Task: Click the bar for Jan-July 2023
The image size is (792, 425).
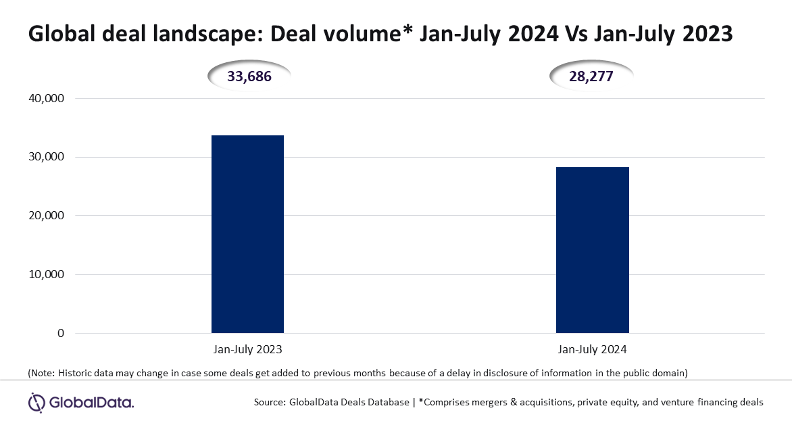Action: coord(247,233)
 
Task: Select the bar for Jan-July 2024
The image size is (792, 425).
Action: coord(593,250)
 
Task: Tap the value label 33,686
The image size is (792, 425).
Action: coord(249,76)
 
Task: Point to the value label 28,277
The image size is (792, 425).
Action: coord(591,76)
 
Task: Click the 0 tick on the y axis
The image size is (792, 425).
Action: coord(61,333)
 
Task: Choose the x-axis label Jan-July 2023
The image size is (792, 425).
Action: coord(247,349)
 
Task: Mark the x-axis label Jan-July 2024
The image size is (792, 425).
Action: coord(593,349)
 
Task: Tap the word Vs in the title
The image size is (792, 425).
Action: coord(575,34)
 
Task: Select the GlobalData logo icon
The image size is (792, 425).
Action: coord(37,403)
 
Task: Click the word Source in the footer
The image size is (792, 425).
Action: coord(269,402)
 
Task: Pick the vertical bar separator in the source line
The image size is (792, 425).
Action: coord(414,403)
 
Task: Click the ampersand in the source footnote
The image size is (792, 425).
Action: coord(514,402)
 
